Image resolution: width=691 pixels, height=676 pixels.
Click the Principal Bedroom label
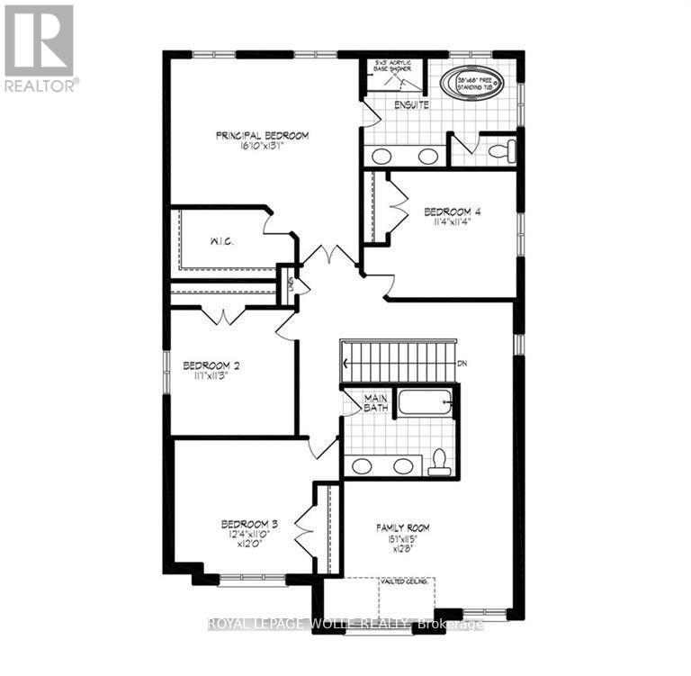click(262, 136)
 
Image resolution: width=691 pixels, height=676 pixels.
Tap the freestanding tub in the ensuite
click(472, 83)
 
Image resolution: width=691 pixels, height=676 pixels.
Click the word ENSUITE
click(411, 105)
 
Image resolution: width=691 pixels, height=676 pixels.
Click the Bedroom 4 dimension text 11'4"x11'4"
click(453, 221)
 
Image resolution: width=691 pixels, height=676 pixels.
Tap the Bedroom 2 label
click(210, 365)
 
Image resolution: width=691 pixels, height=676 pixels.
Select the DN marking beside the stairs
click(463, 363)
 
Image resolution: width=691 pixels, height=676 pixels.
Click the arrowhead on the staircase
click(345, 363)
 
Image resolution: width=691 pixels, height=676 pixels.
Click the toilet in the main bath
click(439, 461)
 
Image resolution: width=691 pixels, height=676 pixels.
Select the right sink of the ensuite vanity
click(428, 156)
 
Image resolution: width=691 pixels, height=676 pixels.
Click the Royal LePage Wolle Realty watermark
click(345, 624)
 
